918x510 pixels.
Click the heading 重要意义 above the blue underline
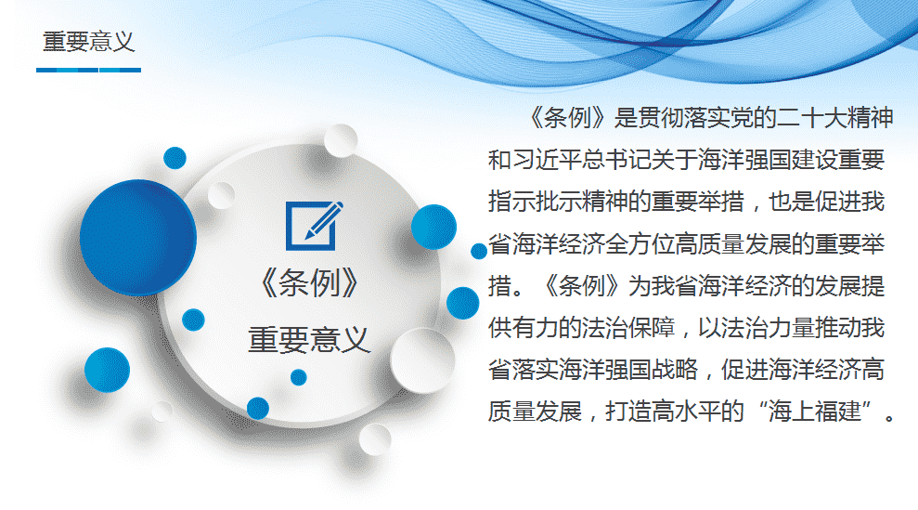click(89, 42)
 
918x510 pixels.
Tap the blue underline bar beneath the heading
click(88, 71)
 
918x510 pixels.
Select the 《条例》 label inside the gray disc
click(309, 283)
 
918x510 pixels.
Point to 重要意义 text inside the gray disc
click(309, 340)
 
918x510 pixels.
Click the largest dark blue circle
click(138, 237)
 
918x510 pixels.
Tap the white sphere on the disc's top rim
click(340, 140)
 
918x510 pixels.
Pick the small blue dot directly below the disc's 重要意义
click(299, 377)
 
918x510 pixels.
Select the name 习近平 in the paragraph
click(547, 160)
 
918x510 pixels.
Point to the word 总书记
click(616, 160)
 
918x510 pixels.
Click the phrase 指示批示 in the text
click(535, 202)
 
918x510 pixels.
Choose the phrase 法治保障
click(628, 328)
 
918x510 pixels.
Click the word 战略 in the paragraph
click(675, 370)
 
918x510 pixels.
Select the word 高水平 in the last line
click(686, 412)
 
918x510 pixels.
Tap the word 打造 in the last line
click(628, 412)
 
